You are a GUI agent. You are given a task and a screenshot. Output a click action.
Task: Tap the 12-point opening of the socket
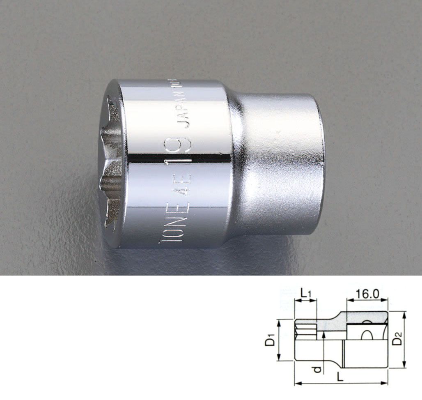click(111, 160)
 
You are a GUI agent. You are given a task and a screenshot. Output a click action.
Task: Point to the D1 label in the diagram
click(270, 340)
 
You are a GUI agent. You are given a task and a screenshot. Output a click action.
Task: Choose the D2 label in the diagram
click(397, 340)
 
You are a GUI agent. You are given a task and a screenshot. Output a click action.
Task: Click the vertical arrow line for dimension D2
click(405, 339)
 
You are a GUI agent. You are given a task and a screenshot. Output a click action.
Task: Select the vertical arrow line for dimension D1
click(279, 340)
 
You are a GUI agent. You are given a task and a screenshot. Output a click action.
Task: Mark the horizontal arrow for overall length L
click(341, 384)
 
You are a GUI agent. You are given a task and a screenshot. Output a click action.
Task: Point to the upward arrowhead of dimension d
click(324, 334)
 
